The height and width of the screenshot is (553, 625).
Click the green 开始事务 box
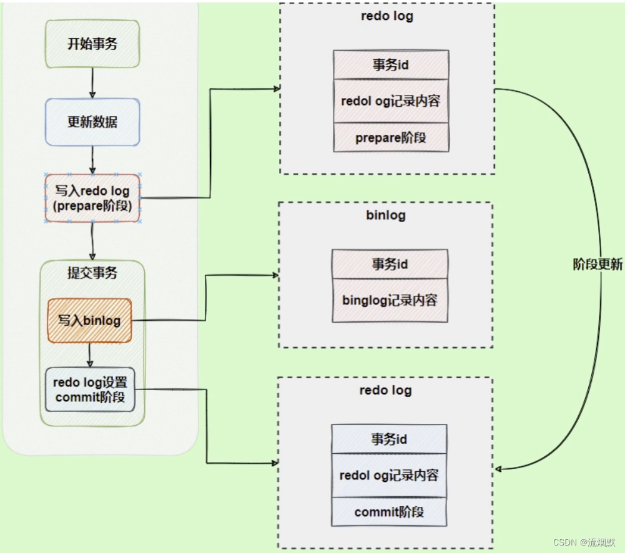(x=92, y=44)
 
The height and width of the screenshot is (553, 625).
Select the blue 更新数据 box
(x=92, y=122)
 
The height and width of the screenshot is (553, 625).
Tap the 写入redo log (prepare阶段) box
(x=92, y=198)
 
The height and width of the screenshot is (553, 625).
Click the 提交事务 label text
(x=92, y=273)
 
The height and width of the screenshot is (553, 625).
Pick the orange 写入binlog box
(x=90, y=321)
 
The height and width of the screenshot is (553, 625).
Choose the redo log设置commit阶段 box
(x=90, y=389)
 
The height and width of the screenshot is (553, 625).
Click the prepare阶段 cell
(x=391, y=137)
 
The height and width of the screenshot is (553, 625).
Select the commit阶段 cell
(x=389, y=512)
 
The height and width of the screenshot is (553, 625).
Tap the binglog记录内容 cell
(x=390, y=300)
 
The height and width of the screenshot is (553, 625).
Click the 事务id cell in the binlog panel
(x=390, y=264)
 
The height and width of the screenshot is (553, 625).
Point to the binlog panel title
(x=386, y=215)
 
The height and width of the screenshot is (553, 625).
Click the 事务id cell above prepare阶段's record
(x=391, y=64)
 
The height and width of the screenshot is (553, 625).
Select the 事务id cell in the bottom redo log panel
(x=389, y=439)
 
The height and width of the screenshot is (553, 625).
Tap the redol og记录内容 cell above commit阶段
(x=389, y=476)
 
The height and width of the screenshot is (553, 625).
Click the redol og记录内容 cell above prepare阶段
(x=391, y=100)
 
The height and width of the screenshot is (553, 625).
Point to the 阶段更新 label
(x=598, y=264)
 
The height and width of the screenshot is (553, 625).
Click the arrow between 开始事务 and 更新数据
(x=92, y=82)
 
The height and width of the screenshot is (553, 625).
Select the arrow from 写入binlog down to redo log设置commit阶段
(x=91, y=355)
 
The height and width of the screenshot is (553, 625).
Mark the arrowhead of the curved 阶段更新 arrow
(x=500, y=469)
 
